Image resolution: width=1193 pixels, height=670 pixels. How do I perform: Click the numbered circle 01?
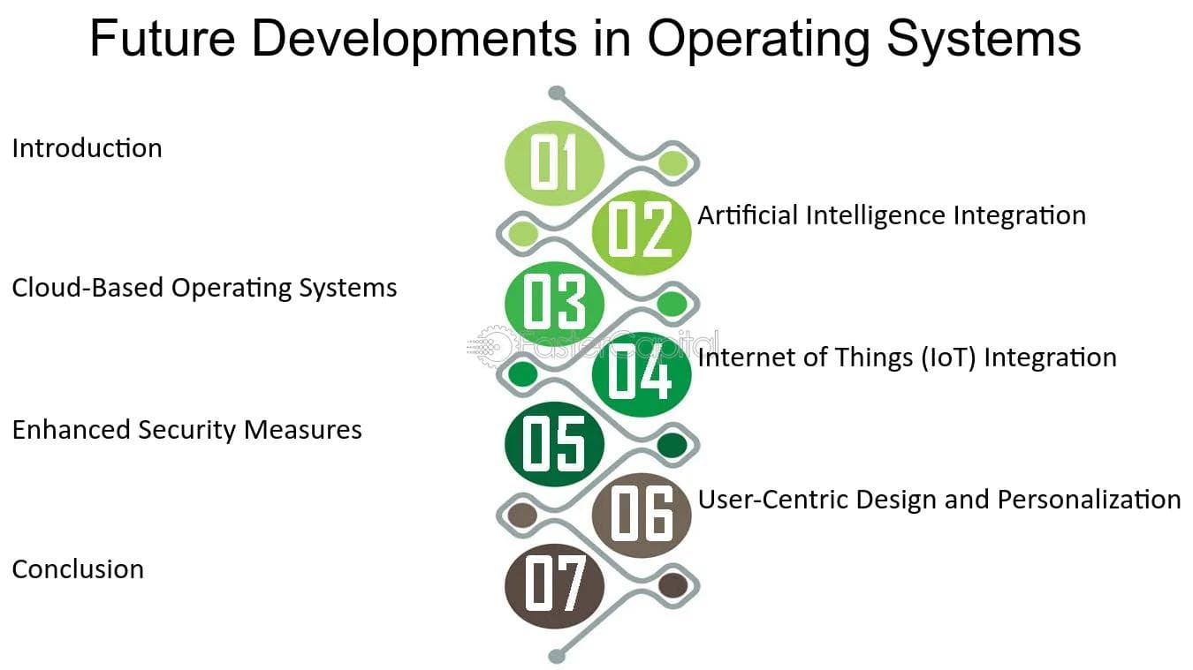pyautogui.click(x=554, y=162)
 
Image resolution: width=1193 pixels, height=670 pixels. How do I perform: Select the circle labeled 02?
pyautogui.click(x=642, y=232)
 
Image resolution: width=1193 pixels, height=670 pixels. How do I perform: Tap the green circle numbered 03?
pyautogui.click(x=554, y=304)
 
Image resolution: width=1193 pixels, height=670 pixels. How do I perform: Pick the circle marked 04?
pyautogui.click(x=642, y=374)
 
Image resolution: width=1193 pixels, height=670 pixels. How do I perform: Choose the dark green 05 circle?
pyautogui.click(x=554, y=444)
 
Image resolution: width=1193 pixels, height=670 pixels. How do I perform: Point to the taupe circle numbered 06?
pyautogui.click(x=642, y=516)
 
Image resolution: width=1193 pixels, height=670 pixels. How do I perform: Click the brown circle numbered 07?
pyautogui.click(x=554, y=586)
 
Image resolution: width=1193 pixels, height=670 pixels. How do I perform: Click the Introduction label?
pyautogui.click(x=87, y=148)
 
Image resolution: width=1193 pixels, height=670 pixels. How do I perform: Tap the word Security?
pyautogui.click(x=186, y=430)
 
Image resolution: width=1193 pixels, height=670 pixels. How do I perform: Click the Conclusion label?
pyautogui.click(x=78, y=569)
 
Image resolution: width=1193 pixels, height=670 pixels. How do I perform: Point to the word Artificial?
pyautogui.click(x=748, y=215)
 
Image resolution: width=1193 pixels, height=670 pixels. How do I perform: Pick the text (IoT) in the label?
pyautogui.click(x=948, y=358)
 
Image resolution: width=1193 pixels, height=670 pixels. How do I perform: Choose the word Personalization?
pyautogui.click(x=1089, y=500)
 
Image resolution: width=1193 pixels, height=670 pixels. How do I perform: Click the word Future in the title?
pyautogui.click(x=163, y=38)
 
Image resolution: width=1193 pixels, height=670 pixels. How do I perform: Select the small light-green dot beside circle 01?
pyautogui.click(x=672, y=162)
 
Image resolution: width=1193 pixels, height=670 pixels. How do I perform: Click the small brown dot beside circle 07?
pyautogui.click(x=672, y=585)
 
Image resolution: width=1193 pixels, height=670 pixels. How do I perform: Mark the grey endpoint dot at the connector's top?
pyautogui.click(x=557, y=94)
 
